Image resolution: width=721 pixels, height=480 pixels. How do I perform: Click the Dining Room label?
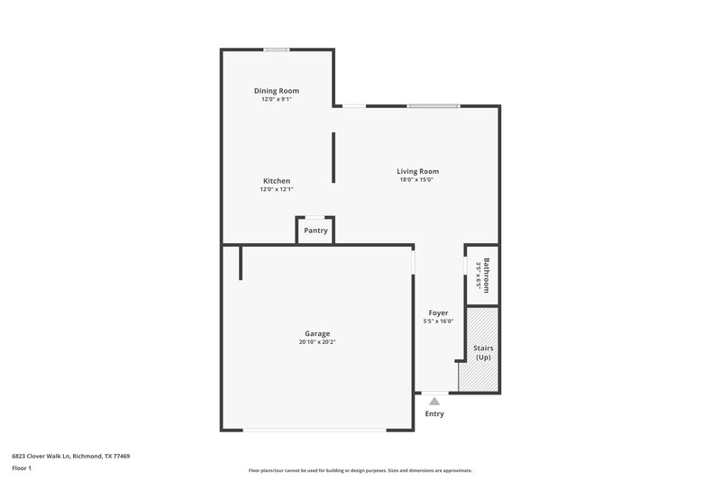point(276,91)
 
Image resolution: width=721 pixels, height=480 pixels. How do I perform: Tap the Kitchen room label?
point(276,180)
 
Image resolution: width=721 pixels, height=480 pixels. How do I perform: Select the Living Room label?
point(417,171)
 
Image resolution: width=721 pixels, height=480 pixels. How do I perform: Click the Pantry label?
point(315,231)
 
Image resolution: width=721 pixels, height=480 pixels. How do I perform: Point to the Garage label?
point(316,333)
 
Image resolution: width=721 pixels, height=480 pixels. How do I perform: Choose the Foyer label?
point(438,312)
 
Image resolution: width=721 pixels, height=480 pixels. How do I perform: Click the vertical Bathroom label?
point(486,275)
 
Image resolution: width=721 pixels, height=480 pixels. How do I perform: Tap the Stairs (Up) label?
point(483,352)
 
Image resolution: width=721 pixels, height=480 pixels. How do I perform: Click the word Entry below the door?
point(434,414)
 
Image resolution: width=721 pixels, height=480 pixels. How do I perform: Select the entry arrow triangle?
point(434,401)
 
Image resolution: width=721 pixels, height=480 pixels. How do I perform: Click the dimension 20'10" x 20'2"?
point(317,342)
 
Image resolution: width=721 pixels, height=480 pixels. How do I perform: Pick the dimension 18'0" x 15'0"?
point(417,180)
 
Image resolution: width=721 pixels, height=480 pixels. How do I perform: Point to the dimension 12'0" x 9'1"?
point(276,100)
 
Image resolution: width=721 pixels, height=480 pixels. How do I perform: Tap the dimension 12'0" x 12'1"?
point(276,189)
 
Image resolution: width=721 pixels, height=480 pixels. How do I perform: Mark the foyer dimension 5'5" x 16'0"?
point(438,322)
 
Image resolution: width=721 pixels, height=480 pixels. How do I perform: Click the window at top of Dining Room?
point(276,50)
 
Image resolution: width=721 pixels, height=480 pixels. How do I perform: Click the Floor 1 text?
point(22,469)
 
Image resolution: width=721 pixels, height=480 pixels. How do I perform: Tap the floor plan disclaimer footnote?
point(360,470)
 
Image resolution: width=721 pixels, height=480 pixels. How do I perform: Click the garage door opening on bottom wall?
point(315,430)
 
